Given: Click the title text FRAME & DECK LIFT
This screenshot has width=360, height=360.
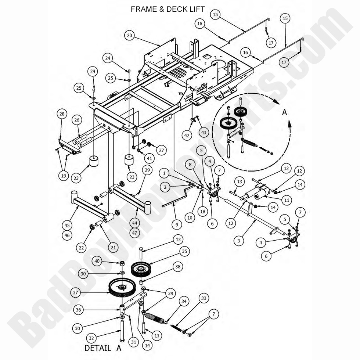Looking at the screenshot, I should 168,9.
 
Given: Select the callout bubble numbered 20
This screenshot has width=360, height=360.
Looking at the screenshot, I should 129,36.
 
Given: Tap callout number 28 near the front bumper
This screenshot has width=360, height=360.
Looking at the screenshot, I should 61,114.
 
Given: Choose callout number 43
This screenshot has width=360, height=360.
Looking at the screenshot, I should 203,132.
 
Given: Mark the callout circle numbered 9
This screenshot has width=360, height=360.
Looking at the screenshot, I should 176,223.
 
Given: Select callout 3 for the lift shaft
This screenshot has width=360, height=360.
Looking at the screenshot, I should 239,241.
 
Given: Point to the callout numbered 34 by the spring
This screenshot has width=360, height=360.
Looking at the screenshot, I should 184,301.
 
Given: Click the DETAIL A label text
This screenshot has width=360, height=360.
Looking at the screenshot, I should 102,348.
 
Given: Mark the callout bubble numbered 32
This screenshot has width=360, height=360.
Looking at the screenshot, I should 92,338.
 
